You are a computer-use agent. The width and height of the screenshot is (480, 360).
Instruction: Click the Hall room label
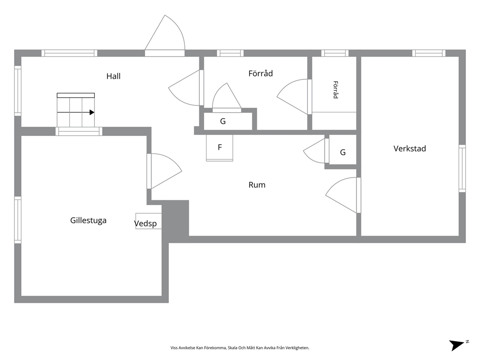(113, 76)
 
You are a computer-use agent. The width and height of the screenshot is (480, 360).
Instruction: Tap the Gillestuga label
(88, 221)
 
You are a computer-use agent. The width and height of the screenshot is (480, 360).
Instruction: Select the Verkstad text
(409, 149)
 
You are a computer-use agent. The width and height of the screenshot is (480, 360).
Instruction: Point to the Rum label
(257, 185)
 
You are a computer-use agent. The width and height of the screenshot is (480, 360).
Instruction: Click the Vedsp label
(146, 224)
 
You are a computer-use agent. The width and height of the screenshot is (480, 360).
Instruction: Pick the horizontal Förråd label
(260, 74)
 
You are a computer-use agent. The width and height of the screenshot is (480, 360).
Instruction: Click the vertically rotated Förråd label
(335, 90)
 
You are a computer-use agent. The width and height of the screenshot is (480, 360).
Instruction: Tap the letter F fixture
(220, 148)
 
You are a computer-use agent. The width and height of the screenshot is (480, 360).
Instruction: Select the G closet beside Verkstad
(343, 152)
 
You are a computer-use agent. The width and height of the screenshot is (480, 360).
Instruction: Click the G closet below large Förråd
(223, 121)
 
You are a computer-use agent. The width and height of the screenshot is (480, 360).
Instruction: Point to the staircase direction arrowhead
(92, 112)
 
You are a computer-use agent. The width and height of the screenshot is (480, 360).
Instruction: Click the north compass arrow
(457, 345)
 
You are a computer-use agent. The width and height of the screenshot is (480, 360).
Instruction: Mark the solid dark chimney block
(175, 218)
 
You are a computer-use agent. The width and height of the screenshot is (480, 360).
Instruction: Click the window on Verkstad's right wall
(462, 168)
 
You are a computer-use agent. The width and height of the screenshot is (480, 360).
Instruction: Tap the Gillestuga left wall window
(18, 220)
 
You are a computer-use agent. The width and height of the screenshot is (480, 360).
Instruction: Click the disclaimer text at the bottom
(240, 348)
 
